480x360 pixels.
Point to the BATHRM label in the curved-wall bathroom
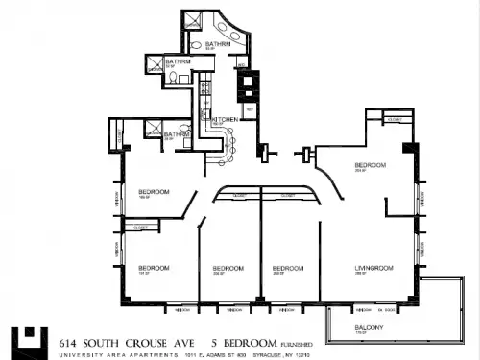pos(217,44)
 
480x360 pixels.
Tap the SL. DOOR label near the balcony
pos(388,310)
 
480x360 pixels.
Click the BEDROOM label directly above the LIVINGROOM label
pos(371,165)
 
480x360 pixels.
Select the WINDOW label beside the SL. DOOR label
pos(364,310)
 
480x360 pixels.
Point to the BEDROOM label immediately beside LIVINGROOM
pos(288,268)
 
